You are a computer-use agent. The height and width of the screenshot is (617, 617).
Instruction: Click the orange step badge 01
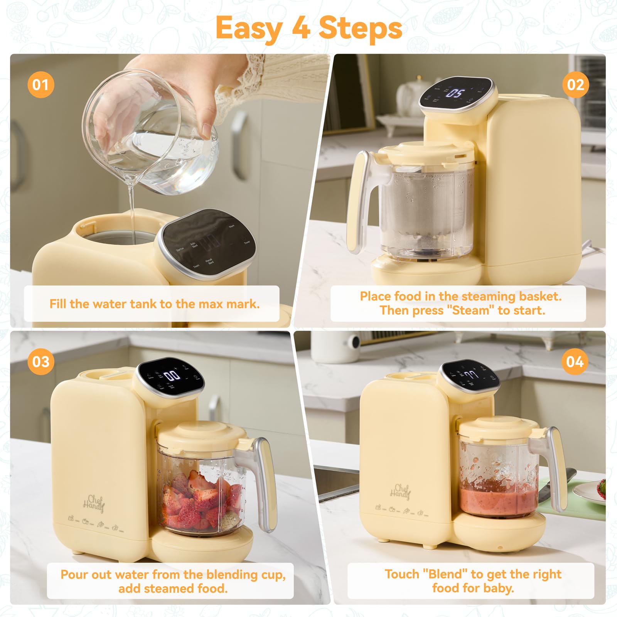click(x=40, y=85)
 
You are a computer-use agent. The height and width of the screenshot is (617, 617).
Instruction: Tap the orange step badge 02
click(x=575, y=85)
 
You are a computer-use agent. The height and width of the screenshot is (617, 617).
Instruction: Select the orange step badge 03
click(x=40, y=362)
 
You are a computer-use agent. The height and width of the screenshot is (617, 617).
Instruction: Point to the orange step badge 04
click(x=575, y=362)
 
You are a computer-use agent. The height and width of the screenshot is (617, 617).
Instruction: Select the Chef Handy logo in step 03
click(x=94, y=503)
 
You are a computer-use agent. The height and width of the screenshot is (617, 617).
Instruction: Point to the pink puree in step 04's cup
click(x=497, y=501)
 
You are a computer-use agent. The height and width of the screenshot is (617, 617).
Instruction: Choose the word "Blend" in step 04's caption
click(x=445, y=574)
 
